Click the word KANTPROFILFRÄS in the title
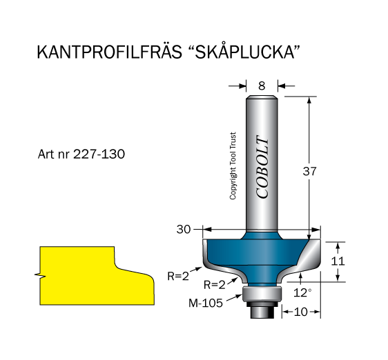(109, 52)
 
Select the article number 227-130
(99, 154)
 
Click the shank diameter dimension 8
(262, 86)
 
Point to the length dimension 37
(309, 171)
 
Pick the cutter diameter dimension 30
(184, 230)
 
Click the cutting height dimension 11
(338, 261)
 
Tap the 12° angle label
(302, 292)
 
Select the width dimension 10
(301, 312)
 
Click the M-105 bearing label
(206, 303)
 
